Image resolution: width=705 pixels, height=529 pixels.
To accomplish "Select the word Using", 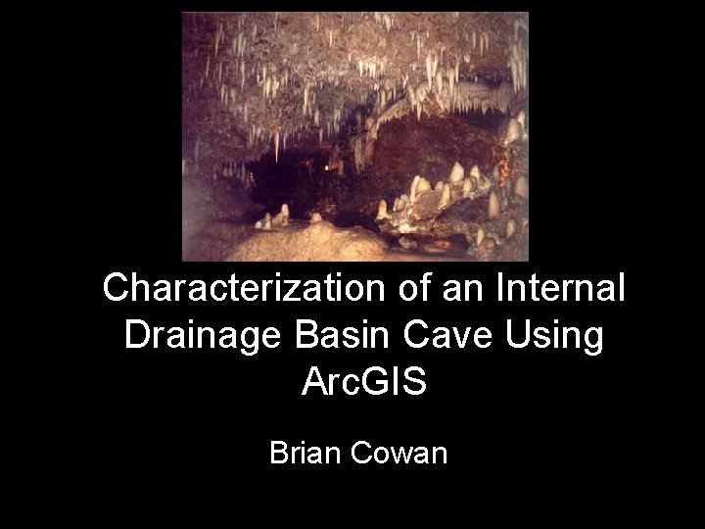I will [561, 336].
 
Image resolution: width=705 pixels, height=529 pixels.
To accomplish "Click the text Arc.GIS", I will [363, 382].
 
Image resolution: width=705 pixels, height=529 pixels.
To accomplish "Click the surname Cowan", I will [403, 454].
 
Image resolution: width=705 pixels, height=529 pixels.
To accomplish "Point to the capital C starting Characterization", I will [117, 288].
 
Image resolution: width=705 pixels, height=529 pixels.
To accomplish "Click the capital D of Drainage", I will [137, 335].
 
